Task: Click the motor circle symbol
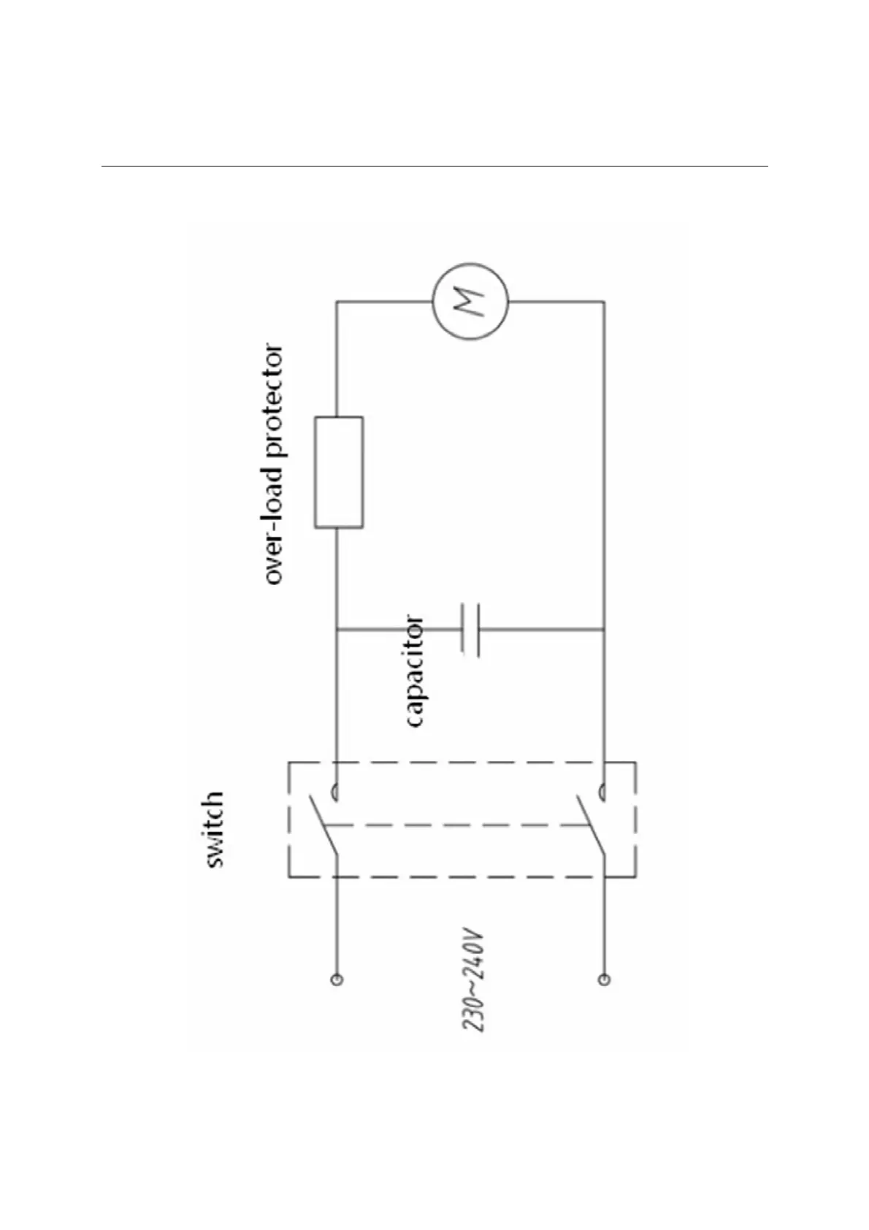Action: tap(470, 299)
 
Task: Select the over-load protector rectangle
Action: tap(338, 472)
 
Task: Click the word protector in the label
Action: tap(273, 401)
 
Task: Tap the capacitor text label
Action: tap(413, 672)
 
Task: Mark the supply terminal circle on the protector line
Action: tap(337, 979)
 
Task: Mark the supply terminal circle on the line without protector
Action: tap(604, 979)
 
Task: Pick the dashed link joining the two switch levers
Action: tap(456, 825)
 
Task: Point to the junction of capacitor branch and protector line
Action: tap(337, 629)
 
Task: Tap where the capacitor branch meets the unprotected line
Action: tap(604, 629)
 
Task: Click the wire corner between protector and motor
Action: tap(337, 301)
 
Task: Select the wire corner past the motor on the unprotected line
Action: tap(604, 301)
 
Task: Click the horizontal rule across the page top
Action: tap(434, 166)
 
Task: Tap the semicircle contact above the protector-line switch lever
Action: tap(335, 790)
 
